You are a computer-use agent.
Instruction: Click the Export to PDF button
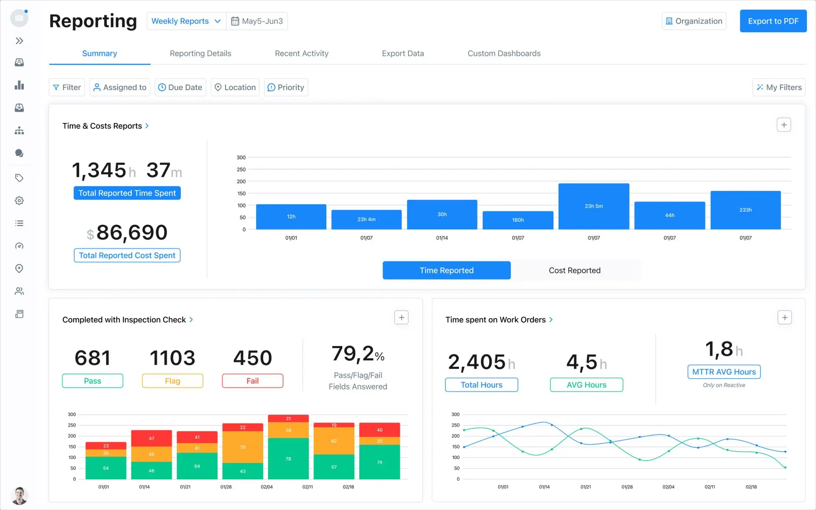[x=773, y=21]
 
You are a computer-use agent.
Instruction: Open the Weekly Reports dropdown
[x=186, y=21]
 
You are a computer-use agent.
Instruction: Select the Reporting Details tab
[x=200, y=54]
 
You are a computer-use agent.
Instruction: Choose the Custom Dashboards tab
[x=504, y=54]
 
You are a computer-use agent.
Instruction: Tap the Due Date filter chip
[x=180, y=87]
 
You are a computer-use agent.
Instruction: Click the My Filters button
[x=779, y=87]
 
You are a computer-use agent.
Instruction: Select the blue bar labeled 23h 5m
[x=593, y=206]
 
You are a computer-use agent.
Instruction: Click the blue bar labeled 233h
[x=745, y=210]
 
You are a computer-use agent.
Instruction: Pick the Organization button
[x=694, y=21]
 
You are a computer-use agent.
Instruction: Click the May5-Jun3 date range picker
[x=257, y=21]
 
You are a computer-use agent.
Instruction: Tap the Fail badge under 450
[x=252, y=381]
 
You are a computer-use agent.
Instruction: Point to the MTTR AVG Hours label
[x=723, y=372]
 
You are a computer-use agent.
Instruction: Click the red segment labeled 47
[x=151, y=438]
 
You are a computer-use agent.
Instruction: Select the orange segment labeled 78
[x=242, y=447]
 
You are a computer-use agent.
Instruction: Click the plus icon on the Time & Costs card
[x=783, y=125]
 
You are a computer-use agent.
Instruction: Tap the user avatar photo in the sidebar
[x=19, y=496]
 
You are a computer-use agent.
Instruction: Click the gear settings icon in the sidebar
[x=19, y=201]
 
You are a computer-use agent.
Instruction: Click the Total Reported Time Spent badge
[x=127, y=193]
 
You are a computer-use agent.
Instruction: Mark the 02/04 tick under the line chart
[x=668, y=487]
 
